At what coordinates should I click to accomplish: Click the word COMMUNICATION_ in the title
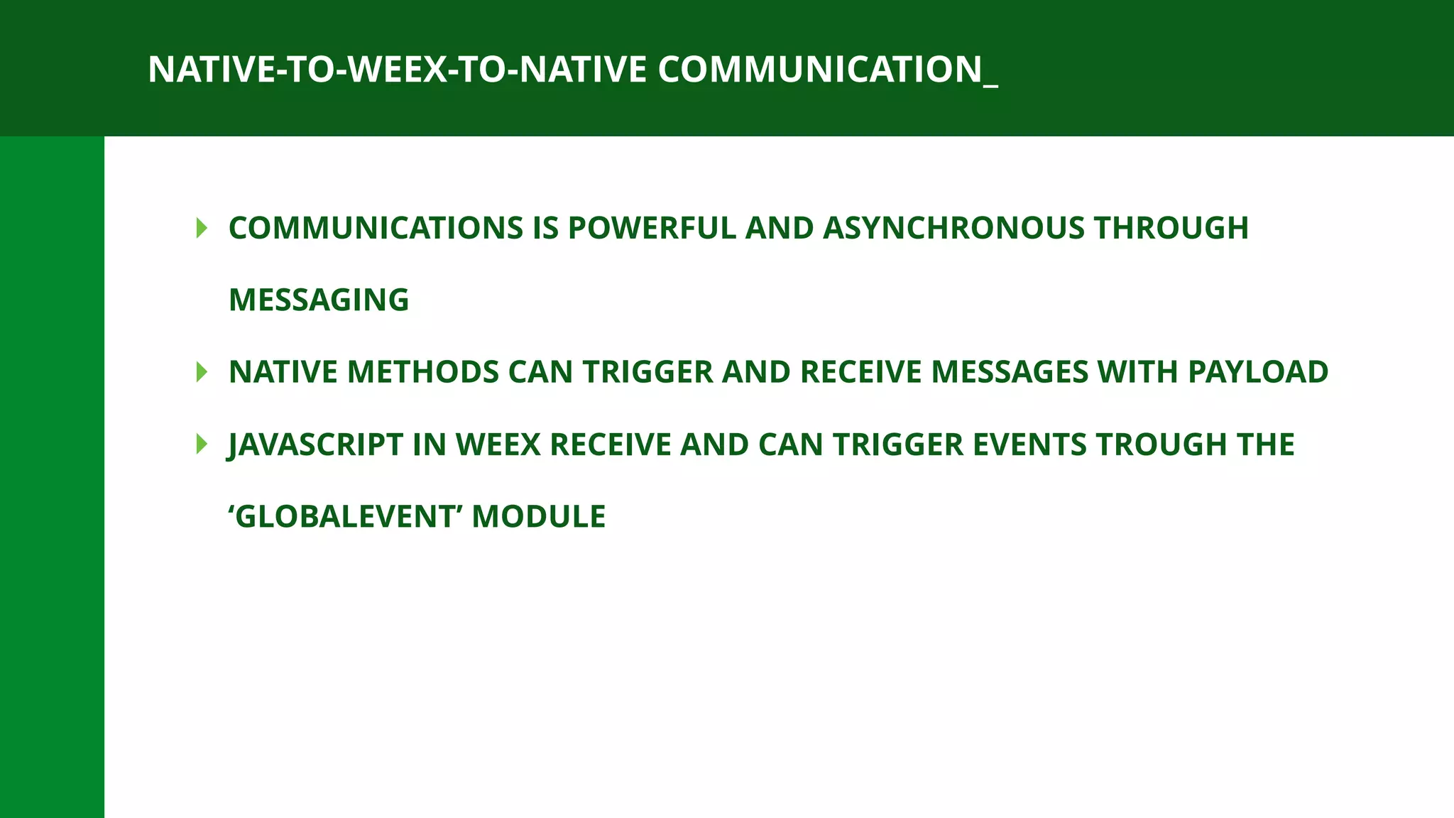coord(827,70)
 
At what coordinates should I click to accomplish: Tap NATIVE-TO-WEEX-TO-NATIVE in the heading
coord(398,70)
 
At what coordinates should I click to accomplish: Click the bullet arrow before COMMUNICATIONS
coord(202,228)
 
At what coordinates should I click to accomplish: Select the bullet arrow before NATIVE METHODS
coord(202,372)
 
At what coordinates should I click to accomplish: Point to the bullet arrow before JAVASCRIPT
coord(202,445)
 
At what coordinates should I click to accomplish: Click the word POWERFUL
coord(652,228)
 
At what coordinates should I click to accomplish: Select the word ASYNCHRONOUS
coord(953,228)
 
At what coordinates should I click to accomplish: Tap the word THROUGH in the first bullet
coord(1171,228)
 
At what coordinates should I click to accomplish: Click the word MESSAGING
coord(319,300)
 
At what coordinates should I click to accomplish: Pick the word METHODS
coord(423,372)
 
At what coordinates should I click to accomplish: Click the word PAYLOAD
coord(1257,372)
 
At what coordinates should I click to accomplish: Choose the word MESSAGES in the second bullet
coord(1010,372)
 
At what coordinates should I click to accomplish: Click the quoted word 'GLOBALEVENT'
coord(346,516)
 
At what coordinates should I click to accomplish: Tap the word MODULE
coord(539,516)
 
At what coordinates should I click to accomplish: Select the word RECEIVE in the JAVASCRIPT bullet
coord(611,445)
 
